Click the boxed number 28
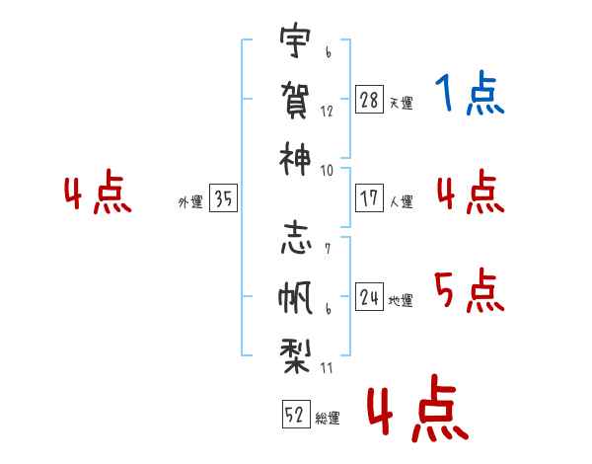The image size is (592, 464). tap(369, 100)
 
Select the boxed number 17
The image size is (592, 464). tap(369, 197)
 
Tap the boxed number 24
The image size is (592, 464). tap(369, 296)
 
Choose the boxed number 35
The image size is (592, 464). tap(223, 199)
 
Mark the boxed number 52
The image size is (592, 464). tap(293, 414)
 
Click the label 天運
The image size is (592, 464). tap(401, 103)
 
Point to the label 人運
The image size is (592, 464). tap(401, 201)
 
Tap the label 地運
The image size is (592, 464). tap(401, 300)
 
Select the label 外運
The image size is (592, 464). tap(189, 202)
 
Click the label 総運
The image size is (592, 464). tap(328, 418)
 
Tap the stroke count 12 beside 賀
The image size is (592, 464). tap(327, 112)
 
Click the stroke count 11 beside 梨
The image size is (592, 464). tap(327, 367)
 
